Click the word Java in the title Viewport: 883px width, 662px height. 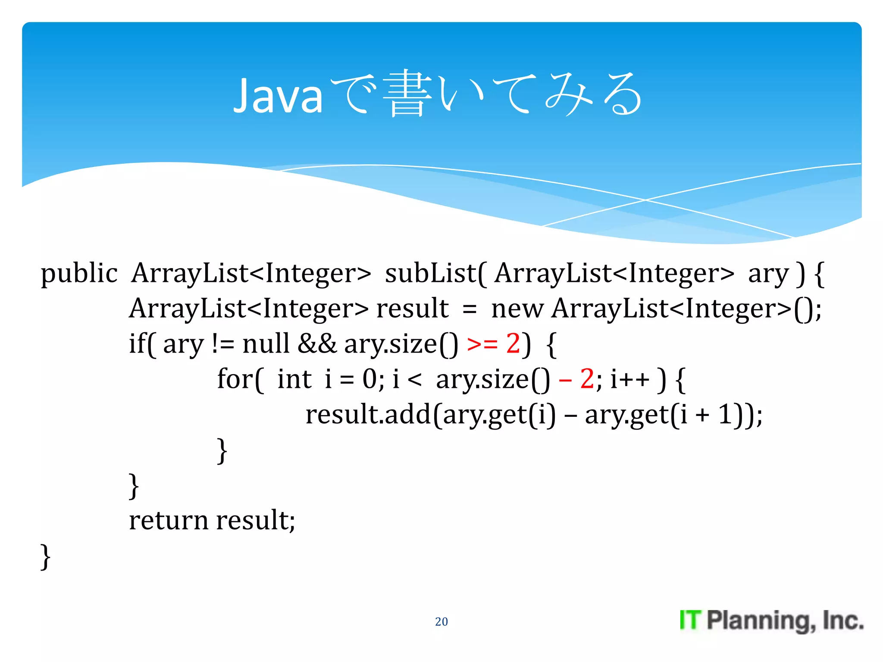[x=278, y=96]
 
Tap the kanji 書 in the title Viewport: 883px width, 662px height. [x=407, y=94]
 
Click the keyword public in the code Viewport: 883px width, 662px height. [x=79, y=274]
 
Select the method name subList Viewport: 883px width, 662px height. [x=430, y=273]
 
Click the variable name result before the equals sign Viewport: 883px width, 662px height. [x=412, y=309]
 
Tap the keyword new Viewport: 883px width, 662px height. [x=517, y=309]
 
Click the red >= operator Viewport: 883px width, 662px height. [x=482, y=344]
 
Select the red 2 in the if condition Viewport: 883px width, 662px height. [x=513, y=343]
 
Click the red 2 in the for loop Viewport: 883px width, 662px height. [x=587, y=379]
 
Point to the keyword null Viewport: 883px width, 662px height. [x=266, y=343]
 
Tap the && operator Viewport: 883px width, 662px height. [x=317, y=343]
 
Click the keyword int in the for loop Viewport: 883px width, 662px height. [x=294, y=379]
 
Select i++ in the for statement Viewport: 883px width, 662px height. [x=629, y=379]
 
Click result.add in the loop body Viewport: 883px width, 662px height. [x=368, y=415]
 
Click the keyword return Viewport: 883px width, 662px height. [x=169, y=520]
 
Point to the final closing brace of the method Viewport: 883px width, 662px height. [x=45, y=556]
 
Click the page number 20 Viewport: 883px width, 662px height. [x=441, y=621]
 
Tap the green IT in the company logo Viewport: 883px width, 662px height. [x=690, y=620]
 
